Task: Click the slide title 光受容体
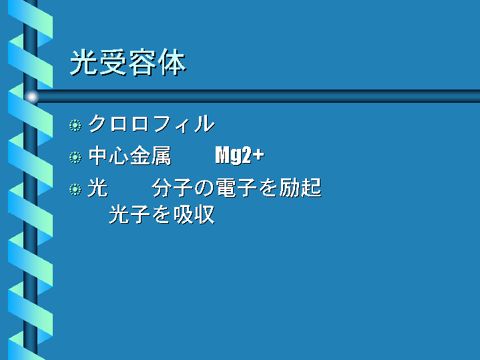pos(128,62)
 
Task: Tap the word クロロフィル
pos(152,124)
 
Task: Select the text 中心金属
pos(130,156)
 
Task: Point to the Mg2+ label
pos(240,155)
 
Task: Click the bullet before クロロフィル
pos(75,126)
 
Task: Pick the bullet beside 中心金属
pos(75,158)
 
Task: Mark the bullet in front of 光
pos(75,189)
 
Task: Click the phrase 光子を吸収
pos(162,214)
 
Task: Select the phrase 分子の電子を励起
pos(236,188)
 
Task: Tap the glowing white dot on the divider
pos(31,97)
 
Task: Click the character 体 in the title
pos(172,62)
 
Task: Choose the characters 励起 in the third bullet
pos(300,188)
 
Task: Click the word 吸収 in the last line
pos(194,214)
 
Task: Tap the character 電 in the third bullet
pos(226,188)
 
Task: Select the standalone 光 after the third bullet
pos(98,188)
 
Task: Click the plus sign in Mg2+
pos(258,155)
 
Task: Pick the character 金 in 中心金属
pos(140,156)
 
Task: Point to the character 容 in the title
pos(143,62)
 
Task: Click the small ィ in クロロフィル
pos(183,126)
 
